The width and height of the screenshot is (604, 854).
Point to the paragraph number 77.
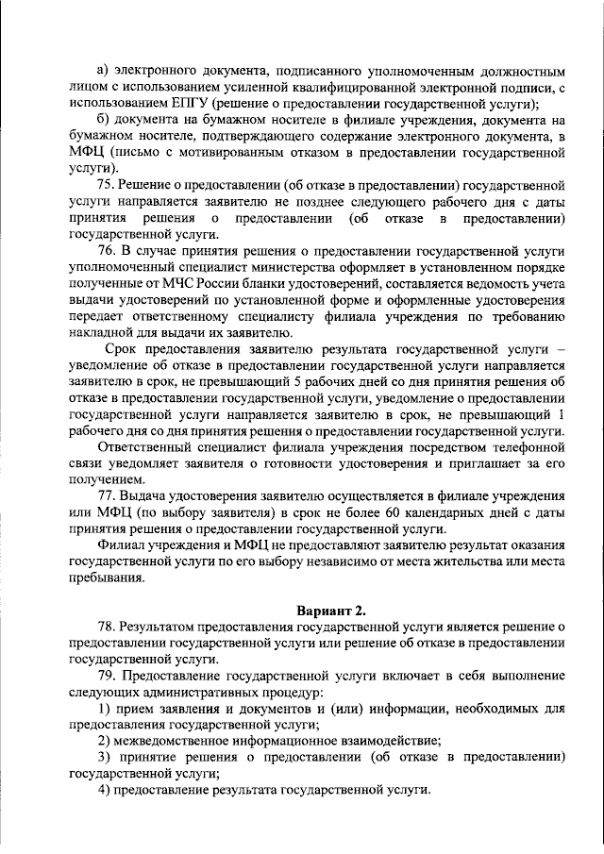pyautogui.click(x=107, y=494)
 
